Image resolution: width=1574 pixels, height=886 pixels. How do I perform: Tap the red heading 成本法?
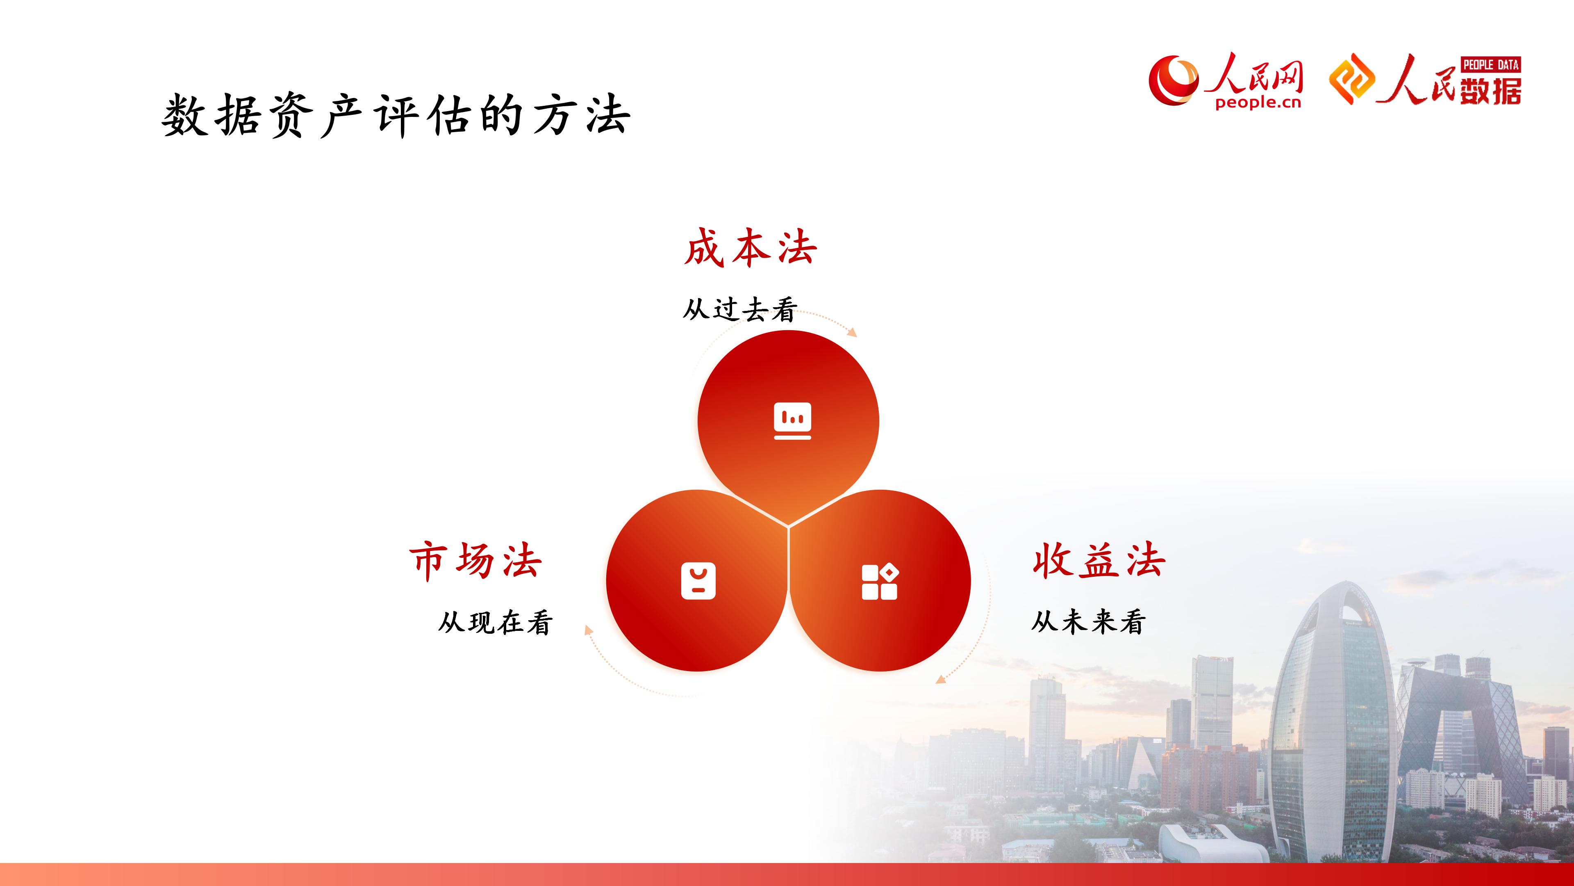tap(751, 248)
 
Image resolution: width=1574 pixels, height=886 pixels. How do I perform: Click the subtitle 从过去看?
tap(740, 309)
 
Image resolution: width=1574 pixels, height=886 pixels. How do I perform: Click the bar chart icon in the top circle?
tap(792, 421)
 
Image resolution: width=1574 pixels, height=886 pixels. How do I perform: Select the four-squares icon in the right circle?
tap(880, 582)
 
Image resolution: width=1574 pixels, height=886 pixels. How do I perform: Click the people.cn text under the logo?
tap(1258, 103)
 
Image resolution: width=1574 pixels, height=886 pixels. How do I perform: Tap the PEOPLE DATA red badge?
tap(1491, 64)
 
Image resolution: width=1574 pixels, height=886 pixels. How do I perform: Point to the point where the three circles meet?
tap(788, 526)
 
